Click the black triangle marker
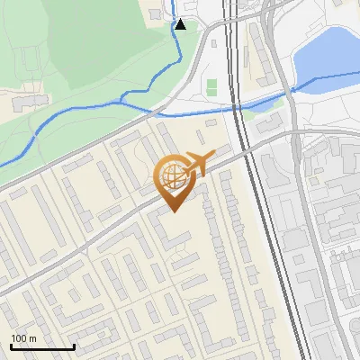[x=181, y=24]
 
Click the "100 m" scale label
[x=23, y=338]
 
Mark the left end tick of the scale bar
[x=11, y=346]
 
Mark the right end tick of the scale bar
[x=74, y=346]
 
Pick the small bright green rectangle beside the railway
[x=211, y=87]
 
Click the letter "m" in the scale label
[x=32, y=338]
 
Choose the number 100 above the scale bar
[x=19, y=338]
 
